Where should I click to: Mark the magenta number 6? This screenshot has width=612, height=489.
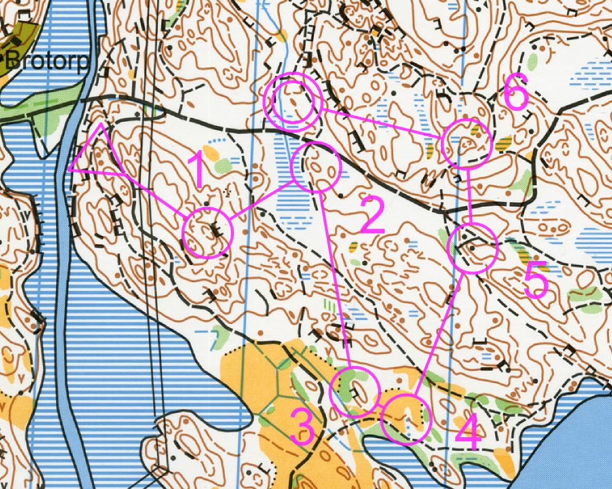coord(516,94)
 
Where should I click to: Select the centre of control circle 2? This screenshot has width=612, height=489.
coord(317,167)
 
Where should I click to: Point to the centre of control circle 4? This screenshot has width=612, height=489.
coord(408,420)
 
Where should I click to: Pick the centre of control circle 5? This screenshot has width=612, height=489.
coord(474,248)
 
